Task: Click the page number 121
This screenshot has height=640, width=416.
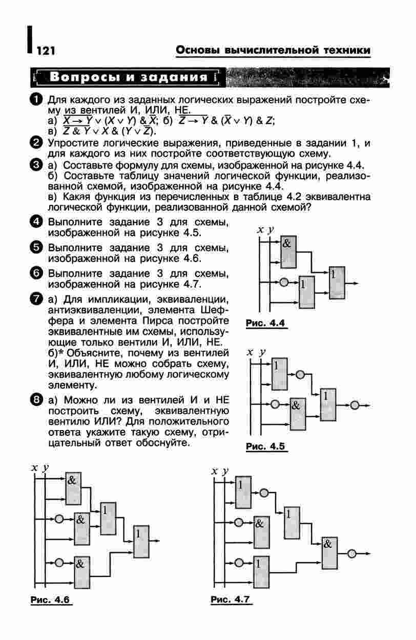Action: click(x=46, y=50)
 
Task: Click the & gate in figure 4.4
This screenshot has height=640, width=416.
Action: click(x=288, y=251)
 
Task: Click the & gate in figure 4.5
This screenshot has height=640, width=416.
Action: click(x=297, y=413)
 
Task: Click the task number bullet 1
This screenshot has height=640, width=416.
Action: click(x=36, y=99)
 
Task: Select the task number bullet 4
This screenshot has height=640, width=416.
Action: click(x=36, y=222)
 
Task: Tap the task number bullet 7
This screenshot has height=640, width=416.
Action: click(x=36, y=298)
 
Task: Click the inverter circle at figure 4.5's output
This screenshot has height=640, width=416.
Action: click(x=355, y=405)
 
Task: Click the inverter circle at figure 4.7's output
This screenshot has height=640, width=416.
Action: click(x=352, y=553)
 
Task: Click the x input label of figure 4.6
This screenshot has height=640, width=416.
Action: click(x=34, y=467)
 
